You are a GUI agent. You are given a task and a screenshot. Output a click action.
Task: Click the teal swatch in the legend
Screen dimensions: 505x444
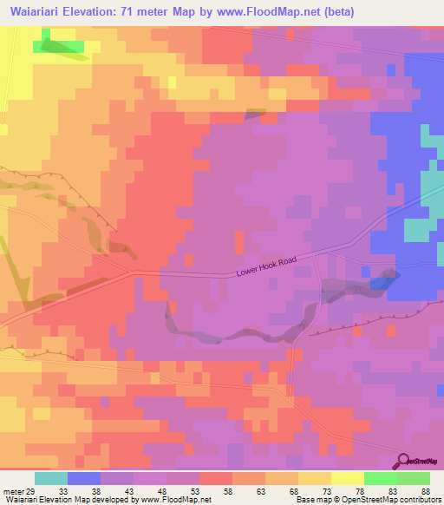coord(51,478)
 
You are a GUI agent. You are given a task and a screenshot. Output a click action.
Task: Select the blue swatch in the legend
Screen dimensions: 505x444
coord(84,478)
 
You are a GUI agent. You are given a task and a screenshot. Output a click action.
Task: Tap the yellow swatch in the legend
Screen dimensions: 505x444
coord(348,478)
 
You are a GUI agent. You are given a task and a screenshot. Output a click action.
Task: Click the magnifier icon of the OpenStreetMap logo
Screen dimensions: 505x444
coord(405,460)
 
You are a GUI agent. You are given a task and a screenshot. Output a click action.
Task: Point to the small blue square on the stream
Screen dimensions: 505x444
coord(380,282)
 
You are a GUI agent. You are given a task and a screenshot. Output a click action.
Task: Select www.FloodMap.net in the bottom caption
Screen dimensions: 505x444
coord(177,500)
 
